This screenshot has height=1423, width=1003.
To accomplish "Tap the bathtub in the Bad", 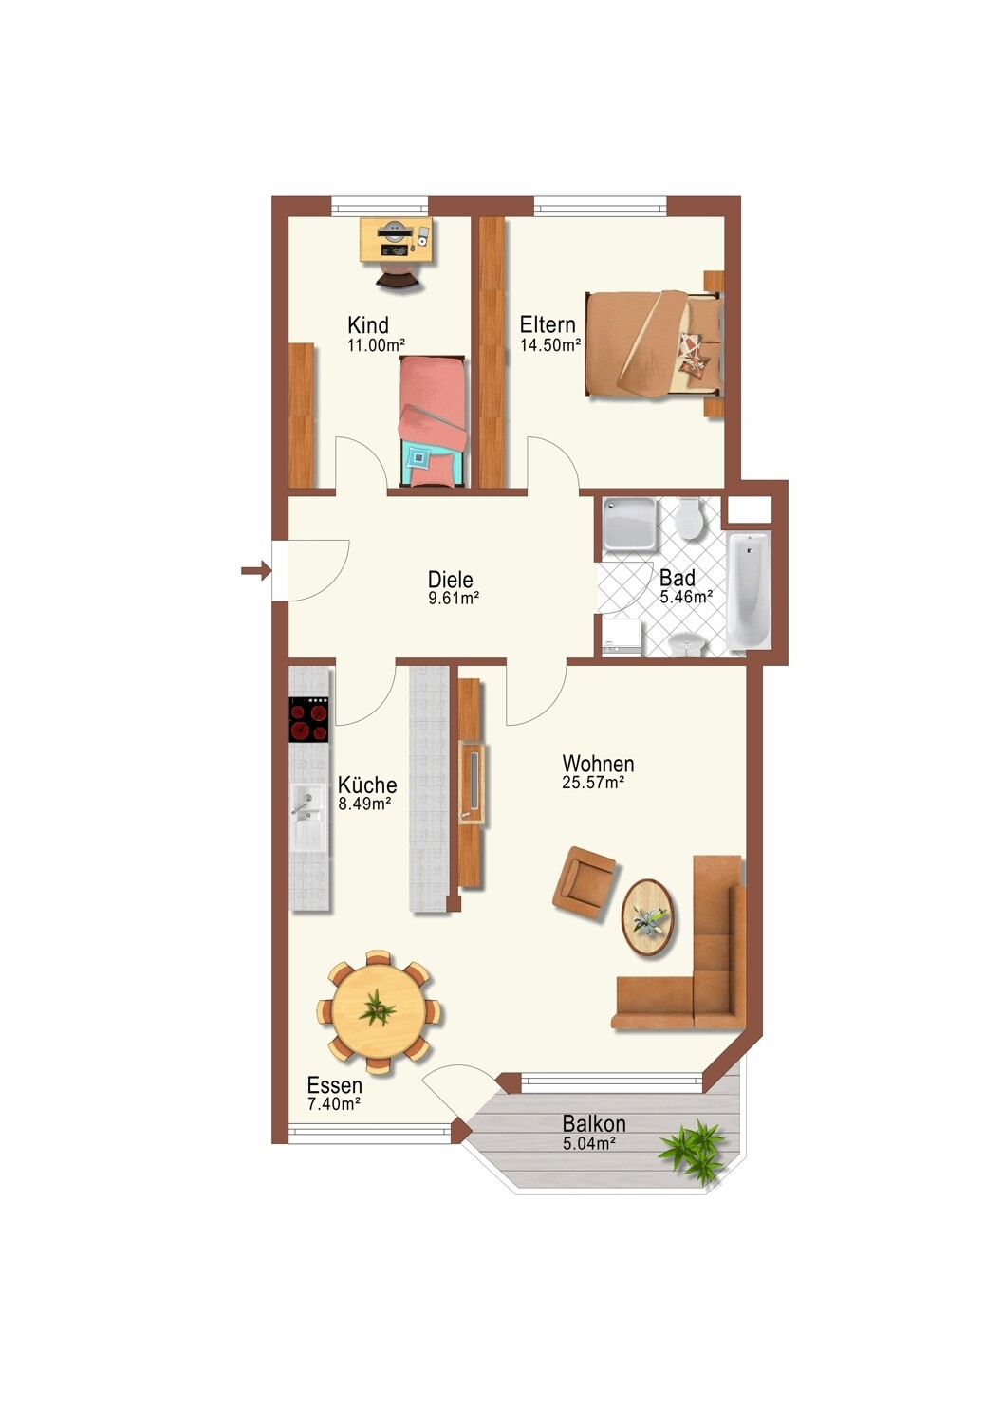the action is coord(749,591).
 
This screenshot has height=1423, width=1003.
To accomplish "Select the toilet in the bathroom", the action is coord(687,518).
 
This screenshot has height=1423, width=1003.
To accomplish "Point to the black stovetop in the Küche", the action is coord(309,719).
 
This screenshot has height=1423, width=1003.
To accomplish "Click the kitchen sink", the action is coord(309,818).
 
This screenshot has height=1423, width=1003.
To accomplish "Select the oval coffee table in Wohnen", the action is coord(649,916).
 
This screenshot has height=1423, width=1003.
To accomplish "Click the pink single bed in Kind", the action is coord(432,422).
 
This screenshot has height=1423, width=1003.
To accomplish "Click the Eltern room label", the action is coord(548,324).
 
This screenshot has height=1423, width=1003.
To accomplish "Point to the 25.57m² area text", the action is coord(593,783).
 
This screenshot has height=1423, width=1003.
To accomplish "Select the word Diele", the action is coord(450,580).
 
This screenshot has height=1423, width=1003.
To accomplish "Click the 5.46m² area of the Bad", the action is coord(686,597).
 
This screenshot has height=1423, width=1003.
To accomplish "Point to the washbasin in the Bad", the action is coord(687,644).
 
